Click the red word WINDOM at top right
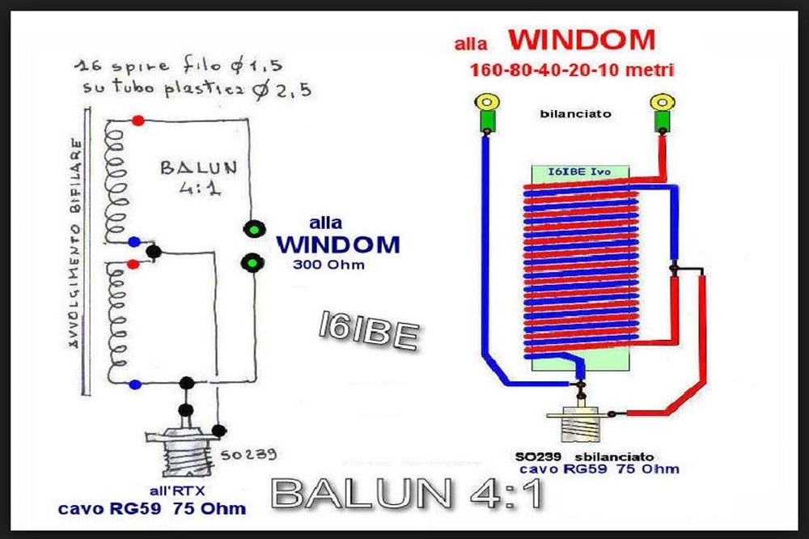pos(580,41)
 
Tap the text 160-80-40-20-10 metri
pos(572,70)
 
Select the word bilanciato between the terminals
pos(575,114)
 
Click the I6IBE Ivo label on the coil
pos(580,171)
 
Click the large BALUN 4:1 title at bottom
pos(407,493)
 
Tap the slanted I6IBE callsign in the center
pos(368,331)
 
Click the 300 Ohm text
pos(327,265)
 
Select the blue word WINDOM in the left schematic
pos(337,244)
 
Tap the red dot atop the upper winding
pos(138,121)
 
